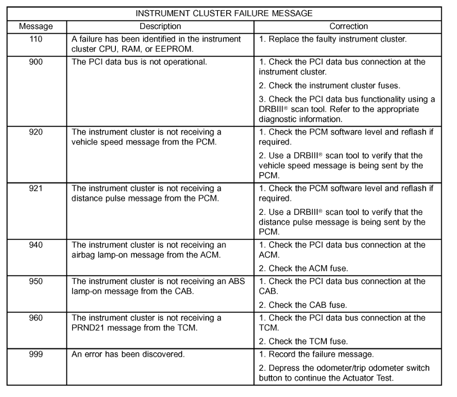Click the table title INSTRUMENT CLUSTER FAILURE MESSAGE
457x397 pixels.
coord(223,14)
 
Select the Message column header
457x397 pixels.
coord(36,26)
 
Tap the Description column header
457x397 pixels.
coord(160,26)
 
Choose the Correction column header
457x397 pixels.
coord(349,26)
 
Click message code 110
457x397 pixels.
coord(36,39)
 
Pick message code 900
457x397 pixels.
coord(36,62)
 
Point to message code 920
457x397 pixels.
coord(36,131)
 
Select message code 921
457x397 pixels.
coord(36,188)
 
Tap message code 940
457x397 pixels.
coord(36,245)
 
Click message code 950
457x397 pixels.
coord(36,281)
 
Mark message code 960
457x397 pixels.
coord(36,318)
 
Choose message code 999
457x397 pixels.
coord(36,355)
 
